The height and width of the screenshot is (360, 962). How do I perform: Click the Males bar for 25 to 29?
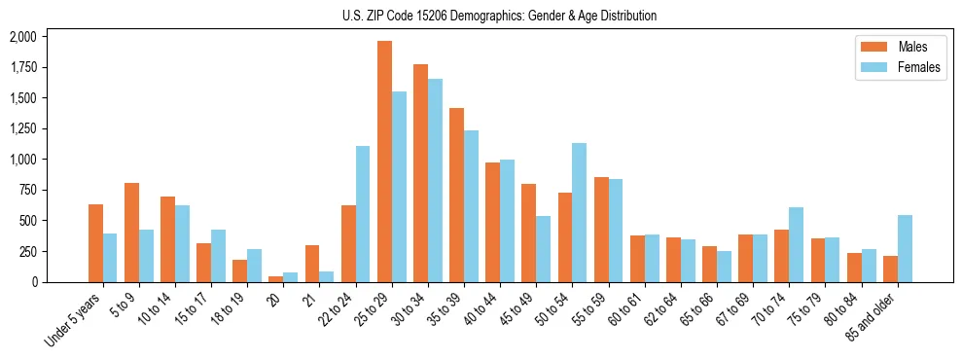[x=384, y=162]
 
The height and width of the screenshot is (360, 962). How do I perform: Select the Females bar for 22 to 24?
[x=363, y=214]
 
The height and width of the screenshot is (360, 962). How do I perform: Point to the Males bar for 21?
[x=312, y=264]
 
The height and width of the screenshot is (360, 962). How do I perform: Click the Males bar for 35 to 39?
[x=456, y=195]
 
